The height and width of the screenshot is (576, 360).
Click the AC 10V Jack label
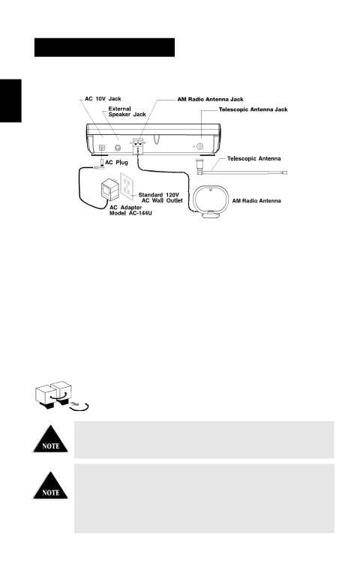pyautogui.click(x=103, y=99)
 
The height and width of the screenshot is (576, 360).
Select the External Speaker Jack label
pyautogui.click(x=127, y=112)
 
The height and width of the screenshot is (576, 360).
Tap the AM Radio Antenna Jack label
pyautogui.click(x=211, y=99)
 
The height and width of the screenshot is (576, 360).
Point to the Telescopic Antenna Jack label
pyautogui.click(x=253, y=109)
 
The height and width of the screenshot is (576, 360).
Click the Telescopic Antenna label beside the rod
pyautogui.click(x=253, y=159)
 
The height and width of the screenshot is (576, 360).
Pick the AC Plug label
pyautogui.click(x=116, y=162)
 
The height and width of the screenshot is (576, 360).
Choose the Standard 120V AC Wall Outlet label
pyautogui.click(x=160, y=198)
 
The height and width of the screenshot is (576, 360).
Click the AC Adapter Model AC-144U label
pyautogui.click(x=130, y=211)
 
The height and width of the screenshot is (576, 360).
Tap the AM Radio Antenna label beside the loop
pyautogui.click(x=256, y=201)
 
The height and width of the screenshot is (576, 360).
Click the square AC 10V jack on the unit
pyautogui.click(x=102, y=148)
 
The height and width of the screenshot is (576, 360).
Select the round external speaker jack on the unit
pyautogui.click(x=118, y=148)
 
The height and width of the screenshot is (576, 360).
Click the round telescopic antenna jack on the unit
pyautogui.click(x=199, y=146)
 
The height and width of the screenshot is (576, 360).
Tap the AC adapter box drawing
pyautogui.click(x=109, y=189)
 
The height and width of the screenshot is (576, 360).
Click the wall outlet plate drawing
pyautogui.click(x=127, y=187)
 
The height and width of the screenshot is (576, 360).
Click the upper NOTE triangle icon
pyautogui.click(x=51, y=439)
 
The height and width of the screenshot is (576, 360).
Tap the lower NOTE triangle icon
pyautogui.click(x=51, y=485)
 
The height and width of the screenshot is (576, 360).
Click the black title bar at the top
pyautogui.click(x=104, y=47)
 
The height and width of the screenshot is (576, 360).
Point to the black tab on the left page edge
pyautogui.click(x=10, y=100)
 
